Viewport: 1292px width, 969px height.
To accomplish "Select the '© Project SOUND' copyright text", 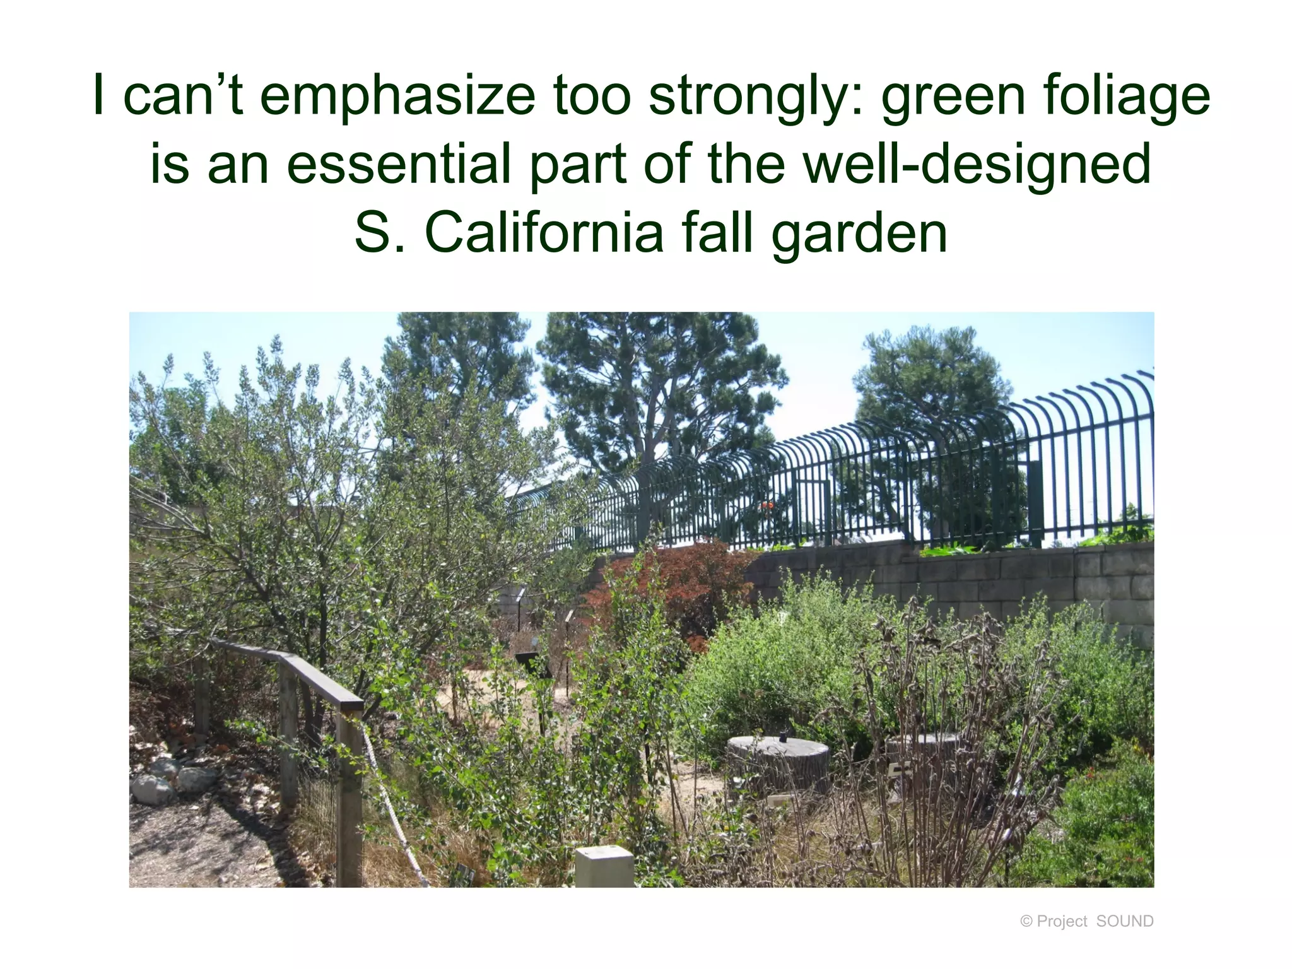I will (1086, 921).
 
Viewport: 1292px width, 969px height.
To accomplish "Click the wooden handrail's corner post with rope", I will (349, 795).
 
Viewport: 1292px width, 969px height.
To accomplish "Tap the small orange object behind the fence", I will (767, 505).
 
